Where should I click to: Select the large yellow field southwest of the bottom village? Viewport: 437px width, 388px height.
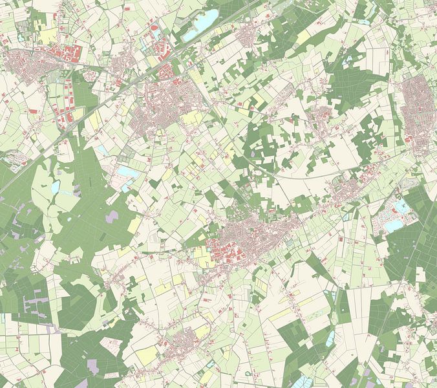[x=148, y=354]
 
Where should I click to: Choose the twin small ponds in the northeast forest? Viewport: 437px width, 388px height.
[x=350, y=59]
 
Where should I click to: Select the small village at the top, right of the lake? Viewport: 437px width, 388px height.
[x=249, y=36]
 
